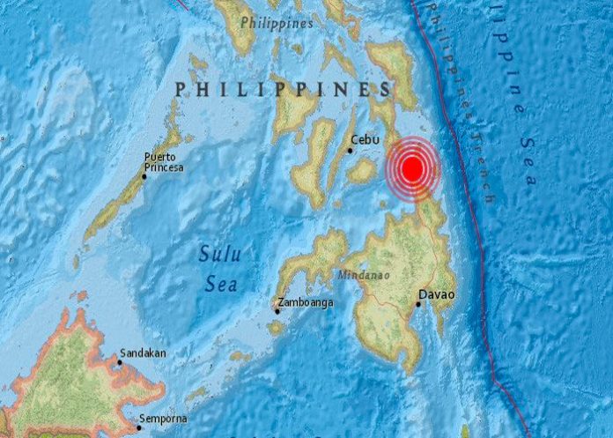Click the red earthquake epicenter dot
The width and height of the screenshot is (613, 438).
412,168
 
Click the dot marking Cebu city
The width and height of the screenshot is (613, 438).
350,151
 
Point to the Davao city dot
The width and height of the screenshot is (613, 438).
418,305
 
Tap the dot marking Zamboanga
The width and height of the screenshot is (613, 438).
277,310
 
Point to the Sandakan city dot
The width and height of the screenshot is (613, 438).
121,360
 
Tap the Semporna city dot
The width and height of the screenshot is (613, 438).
138,428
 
